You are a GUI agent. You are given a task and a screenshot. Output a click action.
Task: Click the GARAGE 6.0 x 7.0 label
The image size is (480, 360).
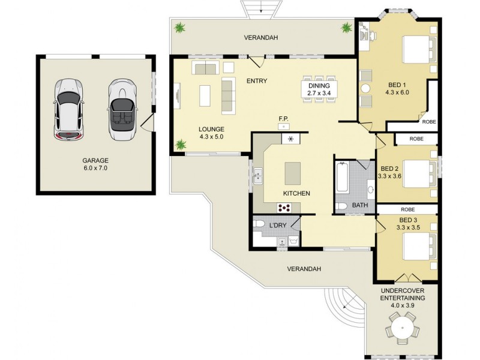pos(95,164)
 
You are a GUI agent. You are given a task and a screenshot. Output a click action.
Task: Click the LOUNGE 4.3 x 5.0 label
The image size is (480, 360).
pos(211,133)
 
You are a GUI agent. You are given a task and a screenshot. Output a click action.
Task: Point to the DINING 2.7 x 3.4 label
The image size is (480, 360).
pos(319,89)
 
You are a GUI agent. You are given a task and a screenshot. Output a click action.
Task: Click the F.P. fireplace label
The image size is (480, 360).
pos(284,119)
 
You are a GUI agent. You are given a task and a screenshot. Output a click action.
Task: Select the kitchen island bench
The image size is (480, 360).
pos(293,174)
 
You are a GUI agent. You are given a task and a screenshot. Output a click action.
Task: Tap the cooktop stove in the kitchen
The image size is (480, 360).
pos(284,208)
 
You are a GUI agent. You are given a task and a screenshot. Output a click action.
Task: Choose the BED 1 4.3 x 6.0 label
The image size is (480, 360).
pos(397,89)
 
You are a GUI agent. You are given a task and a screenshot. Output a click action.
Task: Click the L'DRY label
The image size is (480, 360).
pos(277,225)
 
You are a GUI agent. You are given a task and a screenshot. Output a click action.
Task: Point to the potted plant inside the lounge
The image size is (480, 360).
pos(180,145)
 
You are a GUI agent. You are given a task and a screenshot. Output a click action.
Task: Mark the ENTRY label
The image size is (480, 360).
pos(256,81)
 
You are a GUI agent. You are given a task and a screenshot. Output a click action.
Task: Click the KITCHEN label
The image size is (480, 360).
pos(296,193)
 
